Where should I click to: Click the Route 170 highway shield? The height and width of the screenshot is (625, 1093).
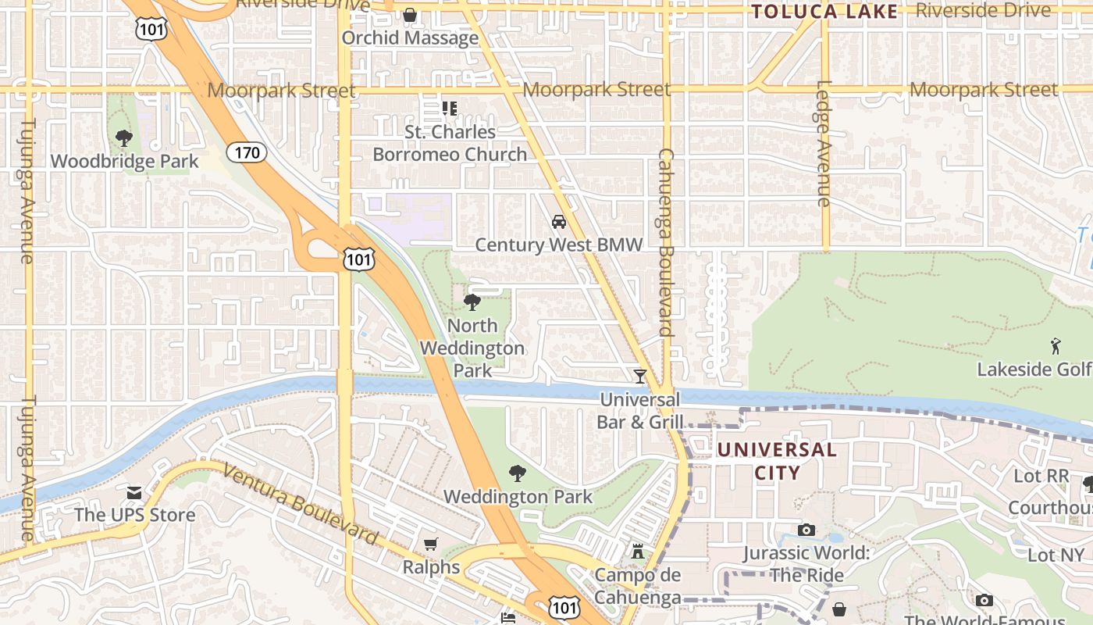pyautogui.click(x=247, y=152)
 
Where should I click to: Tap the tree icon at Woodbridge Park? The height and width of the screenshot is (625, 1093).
pyautogui.click(x=123, y=139)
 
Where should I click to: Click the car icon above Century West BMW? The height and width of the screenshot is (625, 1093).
pyautogui.click(x=559, y=222)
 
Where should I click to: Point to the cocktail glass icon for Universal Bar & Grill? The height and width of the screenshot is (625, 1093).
pyautogui.click(x=640, y=377)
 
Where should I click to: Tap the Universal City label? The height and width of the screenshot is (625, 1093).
pyautogui.click(x=777, y=461)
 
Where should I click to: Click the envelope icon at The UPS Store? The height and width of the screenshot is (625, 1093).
pyautogui.click(x=134, y=493)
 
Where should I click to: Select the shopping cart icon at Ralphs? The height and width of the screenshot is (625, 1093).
pyautogui.click(x=431, y=544)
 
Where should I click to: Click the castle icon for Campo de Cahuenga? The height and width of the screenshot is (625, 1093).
pyautogui.click(x=638, y=552)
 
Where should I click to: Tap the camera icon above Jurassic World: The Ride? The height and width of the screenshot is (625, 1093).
pyautogui.click(x=806, y=530)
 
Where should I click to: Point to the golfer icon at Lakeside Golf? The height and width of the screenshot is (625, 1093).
pyautogui.click(x=1056, y=345)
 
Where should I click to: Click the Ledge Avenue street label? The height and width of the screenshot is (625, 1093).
pyautogui.click(x=824, y=144)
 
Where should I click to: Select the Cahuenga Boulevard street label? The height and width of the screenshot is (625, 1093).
pyautogui.click(x=665, y=242)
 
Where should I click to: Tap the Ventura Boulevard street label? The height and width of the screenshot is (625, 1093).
pyautogui.click(x=301, y=505)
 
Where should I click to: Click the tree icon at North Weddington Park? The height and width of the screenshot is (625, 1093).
pyautogui.click(x=472, y=302)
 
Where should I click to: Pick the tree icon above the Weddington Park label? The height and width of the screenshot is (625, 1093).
pyautogui.click(x=517, y=473)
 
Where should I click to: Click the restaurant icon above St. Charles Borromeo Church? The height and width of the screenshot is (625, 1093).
pyautogui.click(x=449, y=108)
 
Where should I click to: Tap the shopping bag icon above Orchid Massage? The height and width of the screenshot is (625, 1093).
pyautogui.click(x=410, y=15)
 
